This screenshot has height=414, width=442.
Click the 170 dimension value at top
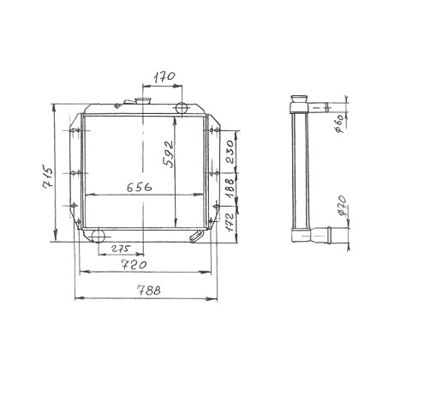coord(164,77)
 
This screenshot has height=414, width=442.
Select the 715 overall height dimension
coord(48,177)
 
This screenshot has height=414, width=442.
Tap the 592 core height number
coord(168,153)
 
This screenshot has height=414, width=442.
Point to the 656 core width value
coord(140,187)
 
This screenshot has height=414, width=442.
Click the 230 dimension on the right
coord(230,152)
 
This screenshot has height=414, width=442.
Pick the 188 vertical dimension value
coord(230,189)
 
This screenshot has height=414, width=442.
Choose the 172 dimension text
coord(230,222)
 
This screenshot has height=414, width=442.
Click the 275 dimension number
coord(121,249)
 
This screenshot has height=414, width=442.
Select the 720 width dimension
coord(134,265)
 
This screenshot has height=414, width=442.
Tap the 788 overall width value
coord(149,291)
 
